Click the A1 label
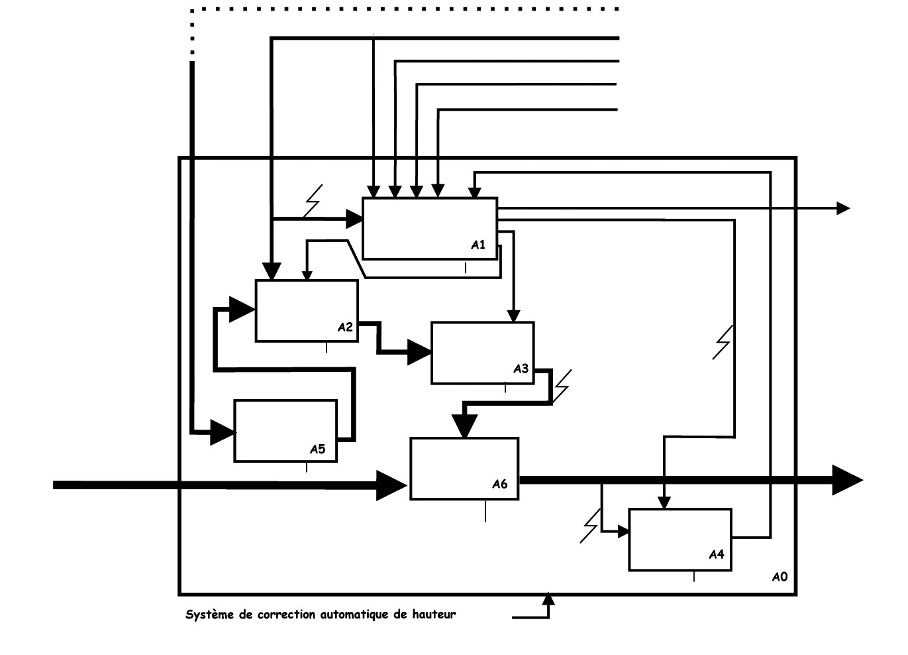(478, 245)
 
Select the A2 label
(345, 327)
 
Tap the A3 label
(521, 369)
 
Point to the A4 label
(717, 554)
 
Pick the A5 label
(318, 449)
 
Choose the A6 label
(500, 484)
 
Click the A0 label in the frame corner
(780, 577)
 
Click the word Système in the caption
(210, 615)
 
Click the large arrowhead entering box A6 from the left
(392, 485)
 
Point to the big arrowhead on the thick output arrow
(846, 480)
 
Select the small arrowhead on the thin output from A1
(843, 208)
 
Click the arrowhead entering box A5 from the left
(223, 433)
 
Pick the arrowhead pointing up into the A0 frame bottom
(548, 599)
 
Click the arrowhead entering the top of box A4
(664, 503)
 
